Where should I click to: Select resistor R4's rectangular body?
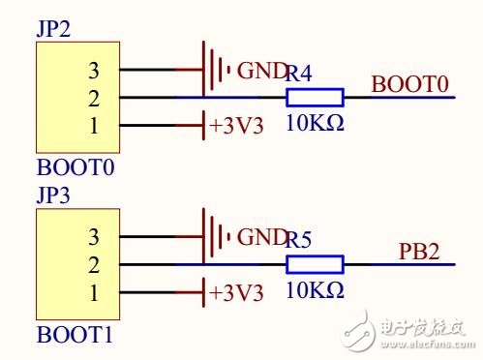315,97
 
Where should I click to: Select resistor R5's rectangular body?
315,264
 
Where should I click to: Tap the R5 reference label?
299,239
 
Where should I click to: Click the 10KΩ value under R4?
315,123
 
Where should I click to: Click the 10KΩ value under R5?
315,290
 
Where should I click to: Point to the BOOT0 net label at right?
409,85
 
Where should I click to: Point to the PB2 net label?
419,253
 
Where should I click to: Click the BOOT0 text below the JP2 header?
75,167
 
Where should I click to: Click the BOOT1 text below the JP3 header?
75,336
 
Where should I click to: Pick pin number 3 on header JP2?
93,69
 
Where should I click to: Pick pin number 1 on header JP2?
93,125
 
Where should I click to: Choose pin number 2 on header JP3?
93,264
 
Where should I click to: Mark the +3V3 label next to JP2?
235,126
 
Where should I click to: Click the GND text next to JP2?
261,70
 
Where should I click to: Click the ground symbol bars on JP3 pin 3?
215,236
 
